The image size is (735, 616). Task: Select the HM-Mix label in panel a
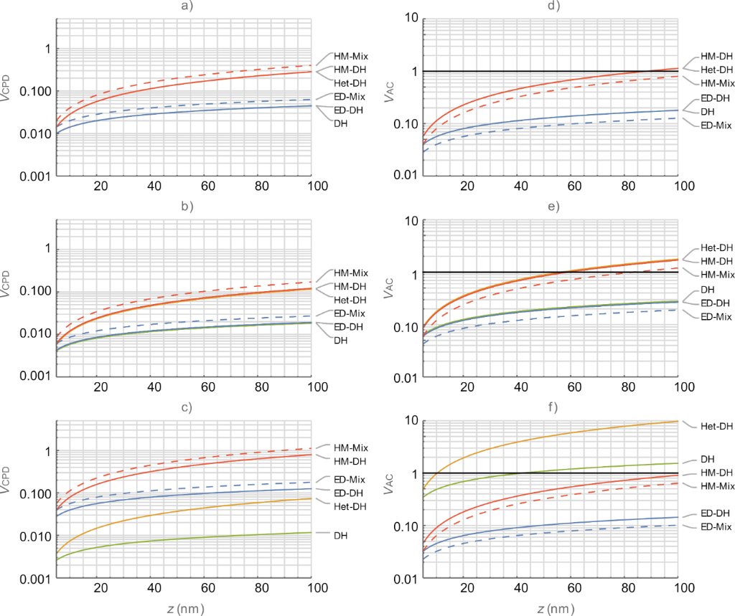(x=350, y=55)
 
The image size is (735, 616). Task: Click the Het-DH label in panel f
(x=717, y=426)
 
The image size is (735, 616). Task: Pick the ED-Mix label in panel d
(x=717, y=125)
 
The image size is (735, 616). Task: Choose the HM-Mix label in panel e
(x=717, y=275)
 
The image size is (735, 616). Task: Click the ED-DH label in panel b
(x=350, y=327)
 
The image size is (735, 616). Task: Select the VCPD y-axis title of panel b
(x=9, y=293)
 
